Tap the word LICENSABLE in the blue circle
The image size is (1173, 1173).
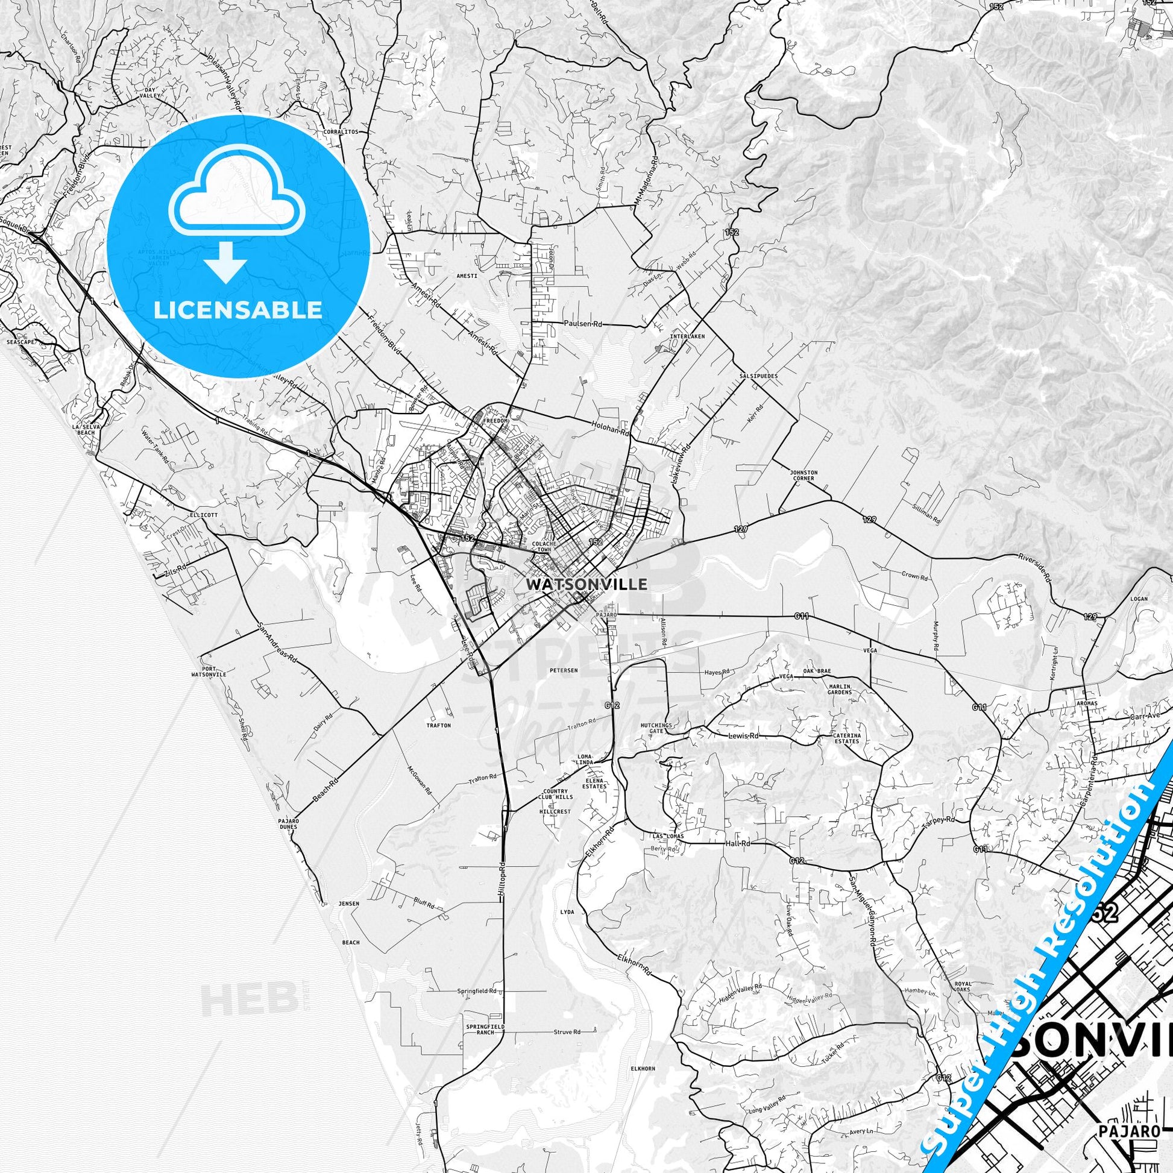coord(238,310)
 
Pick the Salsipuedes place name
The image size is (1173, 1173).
coord(758,376)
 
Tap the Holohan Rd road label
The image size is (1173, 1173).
coord(611,432)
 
